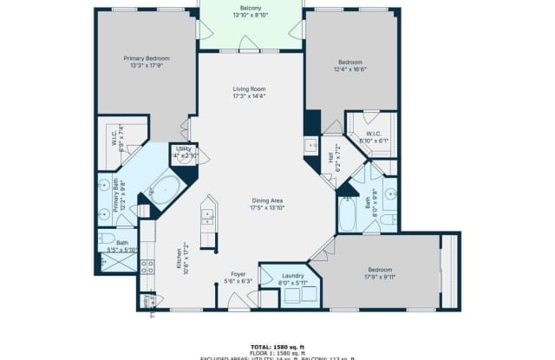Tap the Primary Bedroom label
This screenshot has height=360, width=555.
coord(146,58)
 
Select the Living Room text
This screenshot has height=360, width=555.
coord(248,88)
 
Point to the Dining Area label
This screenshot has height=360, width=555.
coord(267,200)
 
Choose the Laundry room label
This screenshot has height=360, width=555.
coord(293,274)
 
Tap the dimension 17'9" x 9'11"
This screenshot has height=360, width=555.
coord(379,278)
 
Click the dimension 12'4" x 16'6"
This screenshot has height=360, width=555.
coord(350,69)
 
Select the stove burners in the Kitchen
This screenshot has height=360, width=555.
coord(147,265)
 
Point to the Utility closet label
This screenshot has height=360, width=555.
coord(183,148)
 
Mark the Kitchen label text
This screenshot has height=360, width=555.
coord(182,259)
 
